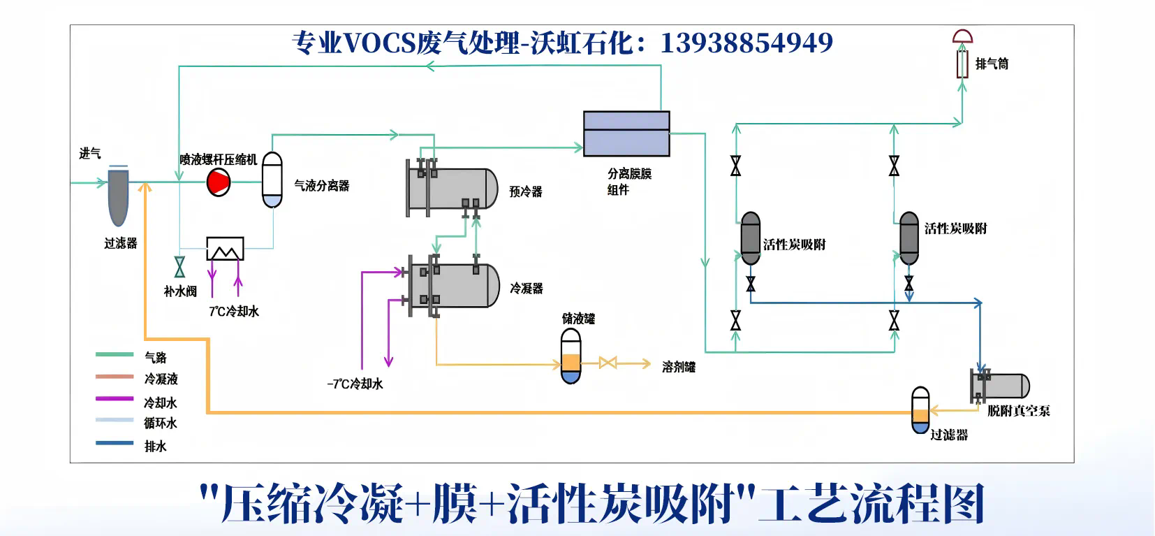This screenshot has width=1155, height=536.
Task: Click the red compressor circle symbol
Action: [219, 182]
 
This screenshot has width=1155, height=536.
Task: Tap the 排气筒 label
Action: [992, 64]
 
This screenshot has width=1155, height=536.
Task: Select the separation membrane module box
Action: [626, 133]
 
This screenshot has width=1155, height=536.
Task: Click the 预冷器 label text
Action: [525, 191]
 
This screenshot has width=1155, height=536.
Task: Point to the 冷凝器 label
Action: [526, 288]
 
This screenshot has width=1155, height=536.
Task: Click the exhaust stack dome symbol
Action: [963, 37]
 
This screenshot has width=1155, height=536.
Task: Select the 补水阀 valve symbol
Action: [179, 267]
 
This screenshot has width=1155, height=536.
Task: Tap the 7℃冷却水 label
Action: [234, 312]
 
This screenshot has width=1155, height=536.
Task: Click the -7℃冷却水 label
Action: [355, 384]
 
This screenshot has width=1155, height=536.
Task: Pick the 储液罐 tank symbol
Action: [571, 356]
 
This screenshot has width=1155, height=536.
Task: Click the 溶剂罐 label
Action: [678, 367]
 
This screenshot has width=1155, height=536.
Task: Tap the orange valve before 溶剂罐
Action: [608, 363]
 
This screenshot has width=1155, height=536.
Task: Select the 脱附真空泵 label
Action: [1018, 411]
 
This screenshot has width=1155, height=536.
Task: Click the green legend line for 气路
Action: [115, 355]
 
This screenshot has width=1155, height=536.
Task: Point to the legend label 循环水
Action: [161, 423]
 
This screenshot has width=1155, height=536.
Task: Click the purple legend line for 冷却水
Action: [115, 399]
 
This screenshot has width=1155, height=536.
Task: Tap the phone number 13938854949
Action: [746, 43]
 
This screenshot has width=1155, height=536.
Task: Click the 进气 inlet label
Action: [89, 154]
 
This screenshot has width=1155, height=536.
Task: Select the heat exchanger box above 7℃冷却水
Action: [225, 249]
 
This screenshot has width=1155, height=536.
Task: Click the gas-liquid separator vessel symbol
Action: [272, 180]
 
